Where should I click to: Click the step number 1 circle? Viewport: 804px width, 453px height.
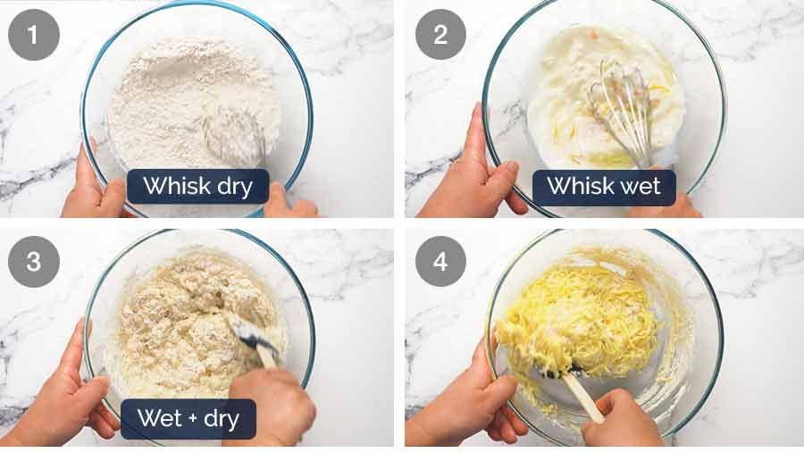tap(34, 35)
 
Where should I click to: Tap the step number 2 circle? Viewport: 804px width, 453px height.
tap(440, 34)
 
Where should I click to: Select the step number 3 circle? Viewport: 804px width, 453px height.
tap(34, 262)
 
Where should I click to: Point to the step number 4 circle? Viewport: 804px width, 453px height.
tap(440, 262)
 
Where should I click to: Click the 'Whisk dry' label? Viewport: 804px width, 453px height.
tap(198, 186)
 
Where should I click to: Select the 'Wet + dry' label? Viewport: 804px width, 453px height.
tap(188, 419)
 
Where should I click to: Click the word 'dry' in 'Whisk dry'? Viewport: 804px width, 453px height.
tap(235, 188)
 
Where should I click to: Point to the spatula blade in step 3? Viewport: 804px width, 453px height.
tap(251, 332)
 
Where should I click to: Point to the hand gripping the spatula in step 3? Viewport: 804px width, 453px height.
tap(271, 406)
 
